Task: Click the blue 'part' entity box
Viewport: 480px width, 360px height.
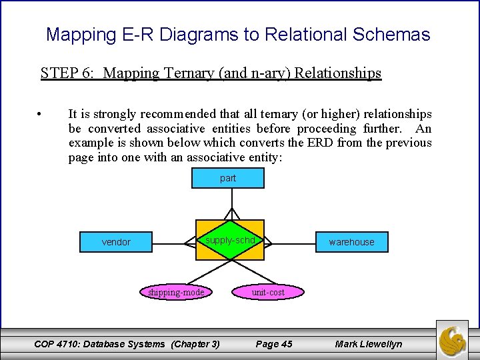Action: click(228, 178)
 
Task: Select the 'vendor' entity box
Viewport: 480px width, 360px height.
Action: click(116, 241)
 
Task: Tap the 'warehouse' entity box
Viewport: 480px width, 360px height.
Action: click(351, 241)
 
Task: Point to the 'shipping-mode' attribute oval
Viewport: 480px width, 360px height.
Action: click(176, 292)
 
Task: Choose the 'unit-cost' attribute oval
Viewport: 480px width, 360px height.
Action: click(268, 292)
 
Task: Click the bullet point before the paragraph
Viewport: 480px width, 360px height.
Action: click(41, 115)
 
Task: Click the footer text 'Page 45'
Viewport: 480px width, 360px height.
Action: click(274, 344)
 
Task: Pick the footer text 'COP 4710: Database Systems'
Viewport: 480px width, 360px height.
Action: click(99, 344)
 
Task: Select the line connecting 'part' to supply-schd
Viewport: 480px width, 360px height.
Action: click(231, 199)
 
